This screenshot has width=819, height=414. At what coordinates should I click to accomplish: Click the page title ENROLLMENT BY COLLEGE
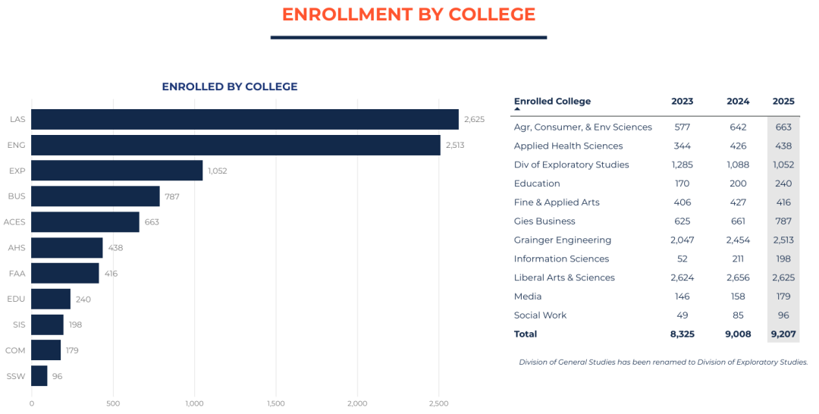pos(408,14)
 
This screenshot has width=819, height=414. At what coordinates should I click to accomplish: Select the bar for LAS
pos(244,119)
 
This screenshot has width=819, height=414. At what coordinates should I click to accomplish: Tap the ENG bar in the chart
pos(235,145)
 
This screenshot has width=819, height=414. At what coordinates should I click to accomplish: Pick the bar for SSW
pos(39,376)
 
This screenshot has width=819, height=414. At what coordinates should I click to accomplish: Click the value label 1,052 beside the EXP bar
pos(217,171)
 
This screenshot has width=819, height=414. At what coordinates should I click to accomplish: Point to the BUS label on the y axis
pos(17,196)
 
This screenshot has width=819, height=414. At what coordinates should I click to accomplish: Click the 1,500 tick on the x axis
pos(276,403)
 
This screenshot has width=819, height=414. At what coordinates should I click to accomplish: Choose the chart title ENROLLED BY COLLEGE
pos(229,87)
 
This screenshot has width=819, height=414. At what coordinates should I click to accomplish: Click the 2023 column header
pos(682,102)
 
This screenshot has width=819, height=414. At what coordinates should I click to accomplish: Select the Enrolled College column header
pos(552,102)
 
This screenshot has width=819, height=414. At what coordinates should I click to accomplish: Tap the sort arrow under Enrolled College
pos(517,110)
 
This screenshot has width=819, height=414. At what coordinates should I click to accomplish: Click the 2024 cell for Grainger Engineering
pos(737,240)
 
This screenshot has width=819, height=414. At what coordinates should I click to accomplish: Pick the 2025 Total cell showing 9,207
pos(783,334)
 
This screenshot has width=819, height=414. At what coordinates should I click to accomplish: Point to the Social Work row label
pos(540,315)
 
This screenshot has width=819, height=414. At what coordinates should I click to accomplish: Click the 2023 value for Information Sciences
pos(682,259)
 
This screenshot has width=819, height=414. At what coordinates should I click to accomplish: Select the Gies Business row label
pos(544,221)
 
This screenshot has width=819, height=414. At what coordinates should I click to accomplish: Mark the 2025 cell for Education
pos(783,183)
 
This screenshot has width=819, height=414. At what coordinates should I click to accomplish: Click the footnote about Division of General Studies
pos(663,362)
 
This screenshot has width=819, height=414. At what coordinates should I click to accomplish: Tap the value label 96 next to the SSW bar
pos(58,376)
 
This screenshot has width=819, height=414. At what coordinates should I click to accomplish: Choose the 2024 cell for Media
pos(737,296)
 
